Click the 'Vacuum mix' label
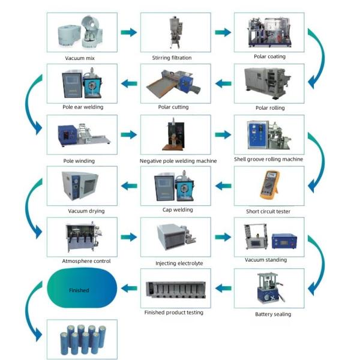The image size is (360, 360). click(x=82, y=58)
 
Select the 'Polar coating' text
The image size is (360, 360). click(x=269, y=56)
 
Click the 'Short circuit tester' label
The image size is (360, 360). click(x=269, y=211)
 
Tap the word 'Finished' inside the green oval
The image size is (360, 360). click(x=79, y=290)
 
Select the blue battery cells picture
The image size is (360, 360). click(x=82, y=340)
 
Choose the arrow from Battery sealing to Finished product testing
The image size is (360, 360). click(x=223, y=289)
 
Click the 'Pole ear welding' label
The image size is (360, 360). click(x=83, y=107)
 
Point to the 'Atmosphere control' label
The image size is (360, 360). click(x=82, y=261)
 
